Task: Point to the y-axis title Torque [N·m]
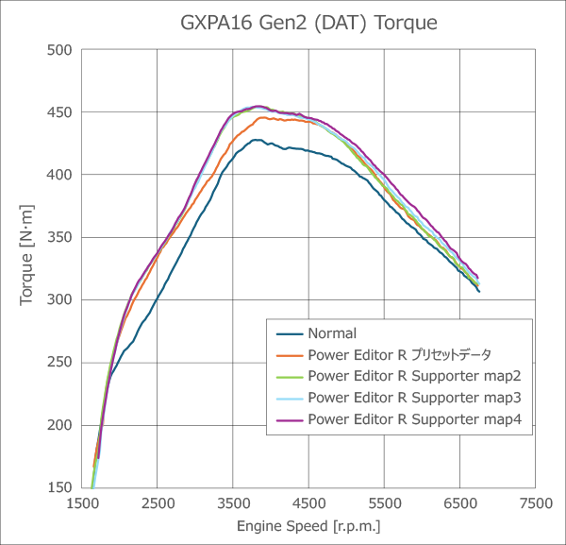26,268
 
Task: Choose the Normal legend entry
331,332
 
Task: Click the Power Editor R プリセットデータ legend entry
399,354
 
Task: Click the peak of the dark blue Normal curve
256,140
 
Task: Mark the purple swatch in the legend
289,418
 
